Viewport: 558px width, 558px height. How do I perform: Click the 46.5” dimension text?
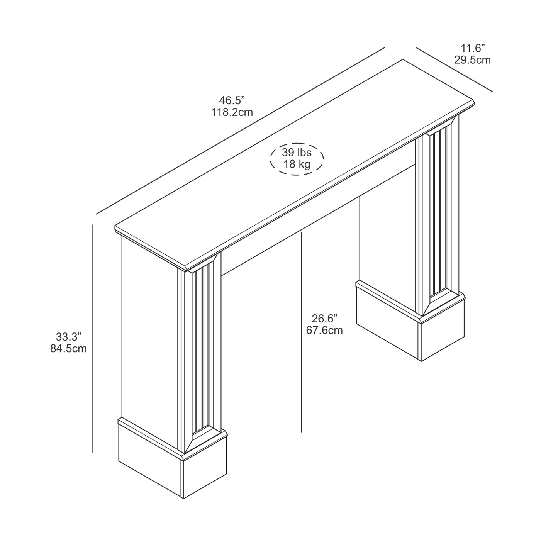coord(232,100)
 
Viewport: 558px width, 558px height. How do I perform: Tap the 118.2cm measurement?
coord(232,112)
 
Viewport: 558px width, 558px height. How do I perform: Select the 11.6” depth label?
coord(472,48)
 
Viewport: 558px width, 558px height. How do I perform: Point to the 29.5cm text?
coord(472,60)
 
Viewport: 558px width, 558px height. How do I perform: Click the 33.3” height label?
coord(68,337)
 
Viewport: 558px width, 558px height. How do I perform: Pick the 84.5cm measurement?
coord(68,349)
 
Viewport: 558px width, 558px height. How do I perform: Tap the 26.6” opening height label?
coord(324,319)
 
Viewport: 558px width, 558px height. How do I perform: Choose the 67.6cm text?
coord(324,330)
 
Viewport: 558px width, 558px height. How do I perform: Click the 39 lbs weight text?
coord(297,152)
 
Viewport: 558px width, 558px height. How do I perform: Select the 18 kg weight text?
coord(297,164)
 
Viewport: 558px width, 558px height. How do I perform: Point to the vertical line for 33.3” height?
coord(92,339)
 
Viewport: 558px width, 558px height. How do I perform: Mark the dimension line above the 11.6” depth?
coord(455,70)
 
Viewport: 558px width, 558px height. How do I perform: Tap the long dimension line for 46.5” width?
coord(240,131)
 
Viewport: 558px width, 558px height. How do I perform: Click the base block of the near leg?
coord(173,462)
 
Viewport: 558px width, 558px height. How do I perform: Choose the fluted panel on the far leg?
coord(440,213)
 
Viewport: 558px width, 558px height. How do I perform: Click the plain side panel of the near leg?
coord(150,342)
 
